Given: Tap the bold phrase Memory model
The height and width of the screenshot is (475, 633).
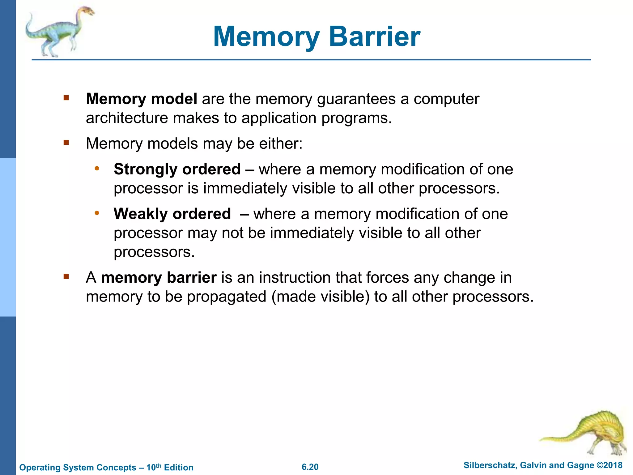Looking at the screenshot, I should pyautogui.click(x=142, y=99).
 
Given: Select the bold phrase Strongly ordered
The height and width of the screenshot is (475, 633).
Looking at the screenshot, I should pyautogui.click(x=177, y=169).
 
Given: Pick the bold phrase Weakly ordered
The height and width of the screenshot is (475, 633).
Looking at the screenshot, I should pyautogui.click(x=172, y=214).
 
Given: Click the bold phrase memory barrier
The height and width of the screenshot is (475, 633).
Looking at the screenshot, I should pyautogui.click(x=159, y=277).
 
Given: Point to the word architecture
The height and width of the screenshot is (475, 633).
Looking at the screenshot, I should pyautogui.click(x=127, y=118).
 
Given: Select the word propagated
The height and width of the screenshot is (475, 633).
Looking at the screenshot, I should pyautogui.click(x=227, y=297).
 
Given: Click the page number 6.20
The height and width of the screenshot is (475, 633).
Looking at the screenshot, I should pyautogui.click(x=310, y=467).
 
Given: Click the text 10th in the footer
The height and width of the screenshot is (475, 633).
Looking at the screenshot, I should pyautogui.click(x=154, y=467).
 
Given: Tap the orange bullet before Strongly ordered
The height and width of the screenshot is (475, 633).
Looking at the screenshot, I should pyautogui.click(x=97, y=169).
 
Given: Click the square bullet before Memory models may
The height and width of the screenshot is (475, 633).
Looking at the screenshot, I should pyautogui.click(x=66, y=143).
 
